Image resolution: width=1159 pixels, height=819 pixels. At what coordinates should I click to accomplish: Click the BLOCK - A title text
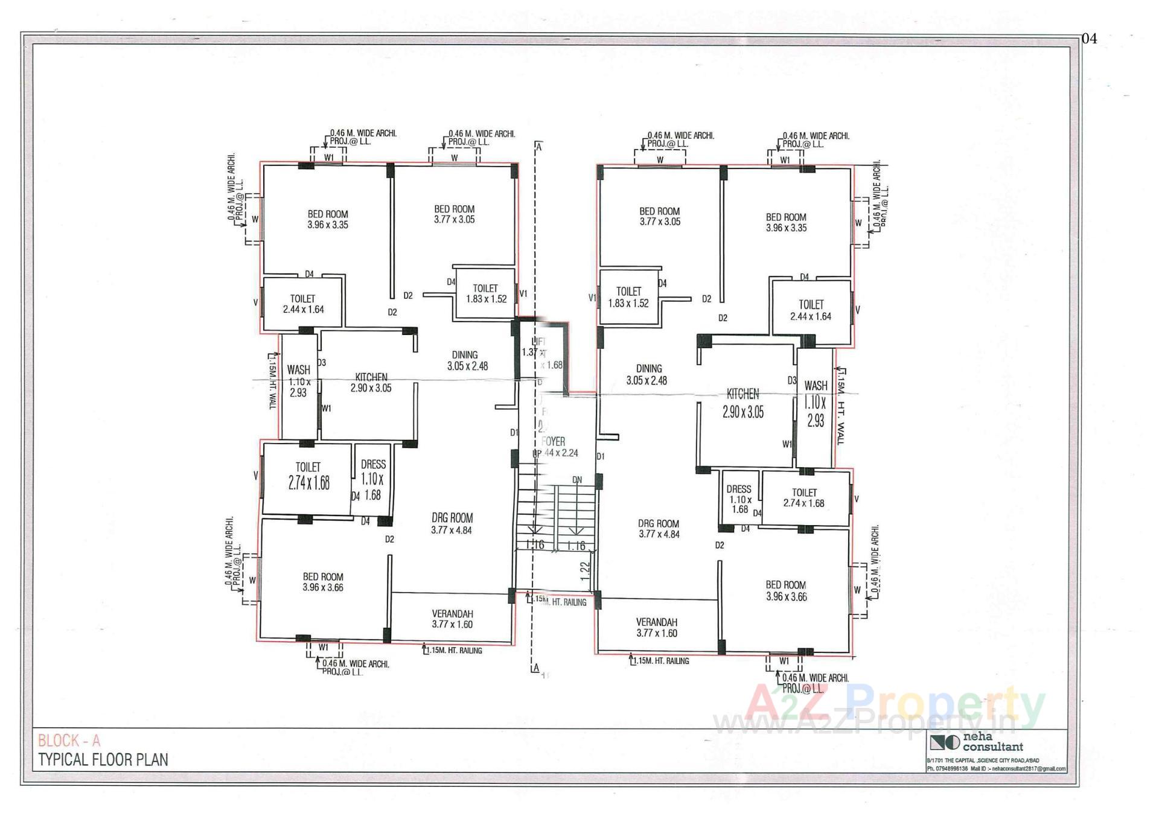(69, 741)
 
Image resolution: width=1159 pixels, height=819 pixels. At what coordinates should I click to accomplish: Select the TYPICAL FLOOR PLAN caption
(103, 760)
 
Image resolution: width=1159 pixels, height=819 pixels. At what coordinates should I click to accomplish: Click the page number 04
(1089, 39)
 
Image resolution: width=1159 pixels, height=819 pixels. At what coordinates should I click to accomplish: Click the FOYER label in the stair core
(554, 442)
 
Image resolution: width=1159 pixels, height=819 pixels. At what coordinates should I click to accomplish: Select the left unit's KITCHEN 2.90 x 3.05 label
(371, 383)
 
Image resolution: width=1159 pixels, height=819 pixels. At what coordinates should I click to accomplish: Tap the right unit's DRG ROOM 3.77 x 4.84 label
(659, 529)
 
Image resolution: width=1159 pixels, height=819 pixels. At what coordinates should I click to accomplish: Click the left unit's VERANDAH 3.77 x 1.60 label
(452, 619)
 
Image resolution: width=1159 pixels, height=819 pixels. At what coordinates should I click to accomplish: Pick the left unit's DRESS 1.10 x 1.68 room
(372, 479)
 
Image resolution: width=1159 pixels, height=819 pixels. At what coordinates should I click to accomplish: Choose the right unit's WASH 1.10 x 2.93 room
(816, 403)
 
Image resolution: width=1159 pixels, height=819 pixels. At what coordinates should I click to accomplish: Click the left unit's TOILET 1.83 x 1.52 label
(485, 294)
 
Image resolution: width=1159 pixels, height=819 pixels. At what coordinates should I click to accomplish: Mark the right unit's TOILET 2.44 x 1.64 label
(811, 310)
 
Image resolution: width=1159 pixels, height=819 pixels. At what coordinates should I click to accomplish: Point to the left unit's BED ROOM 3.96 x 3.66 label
(323, 582)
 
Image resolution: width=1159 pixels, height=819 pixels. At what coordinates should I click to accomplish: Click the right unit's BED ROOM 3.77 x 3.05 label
(659, 216)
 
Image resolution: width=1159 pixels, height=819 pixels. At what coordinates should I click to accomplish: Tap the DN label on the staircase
(577, 480)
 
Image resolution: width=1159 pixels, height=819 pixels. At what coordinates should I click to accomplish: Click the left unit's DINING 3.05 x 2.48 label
(466, 360)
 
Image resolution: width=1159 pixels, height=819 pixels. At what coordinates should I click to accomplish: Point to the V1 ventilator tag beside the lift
(523, 294)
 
